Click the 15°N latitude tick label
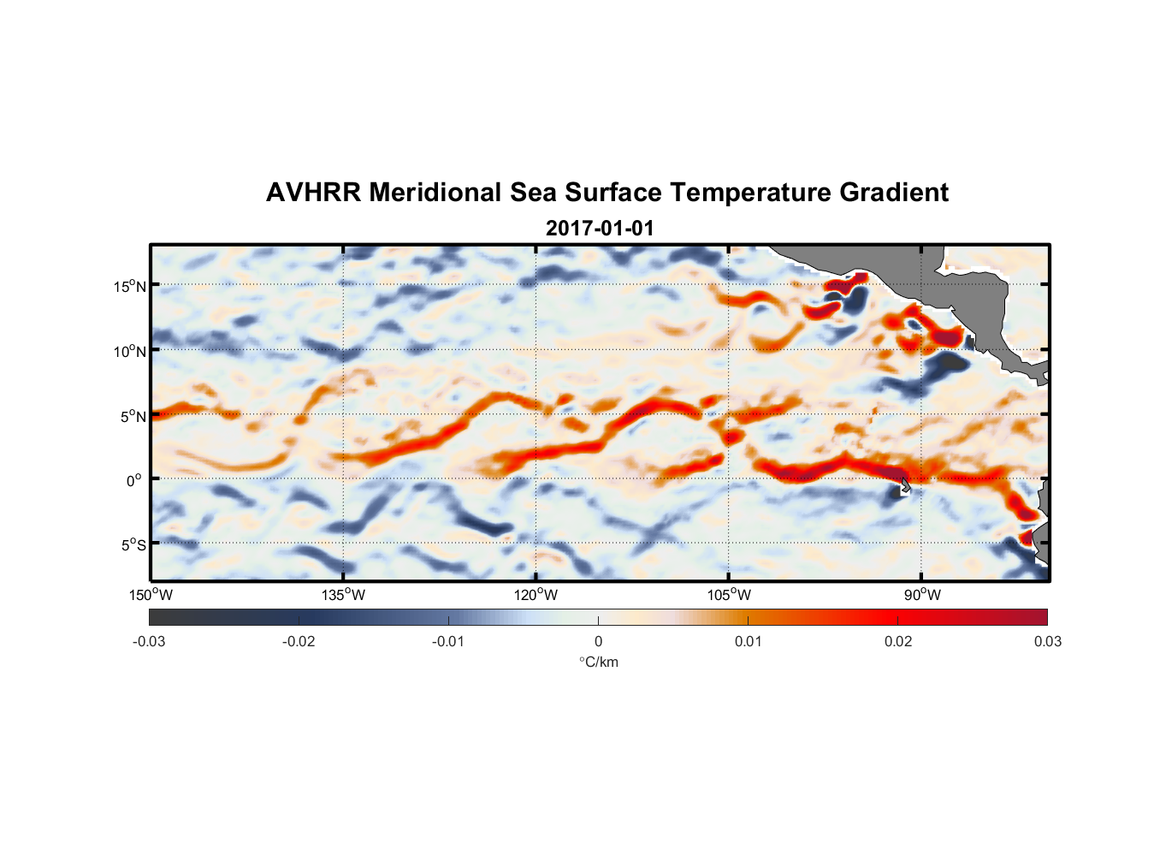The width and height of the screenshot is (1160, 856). point(130,286)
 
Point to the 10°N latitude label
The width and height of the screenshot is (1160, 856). point(130,351)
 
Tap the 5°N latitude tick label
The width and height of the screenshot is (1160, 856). point(133,416)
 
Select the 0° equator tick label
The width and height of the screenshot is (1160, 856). point(134,480)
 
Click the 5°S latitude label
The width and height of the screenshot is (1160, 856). point(133,544)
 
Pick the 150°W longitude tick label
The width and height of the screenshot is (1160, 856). point(151,595)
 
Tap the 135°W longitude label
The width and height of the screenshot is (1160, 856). point(344,595)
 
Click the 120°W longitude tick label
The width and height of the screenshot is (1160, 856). point(536,595)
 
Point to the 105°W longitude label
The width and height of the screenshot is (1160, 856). point(729,595)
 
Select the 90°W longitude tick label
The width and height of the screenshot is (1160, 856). point(922,595)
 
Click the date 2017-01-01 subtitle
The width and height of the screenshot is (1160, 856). point(600,229)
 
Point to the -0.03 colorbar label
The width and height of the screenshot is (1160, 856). point(149,641)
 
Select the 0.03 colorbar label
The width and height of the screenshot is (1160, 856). point(1047,641)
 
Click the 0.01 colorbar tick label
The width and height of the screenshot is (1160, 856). point(748,641)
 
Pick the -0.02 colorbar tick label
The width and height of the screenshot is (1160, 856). point(299,641)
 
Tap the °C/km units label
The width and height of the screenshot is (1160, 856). point(599,662)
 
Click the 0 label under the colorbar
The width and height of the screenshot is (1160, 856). point(598,641)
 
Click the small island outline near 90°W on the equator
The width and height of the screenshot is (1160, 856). point(906,486)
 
